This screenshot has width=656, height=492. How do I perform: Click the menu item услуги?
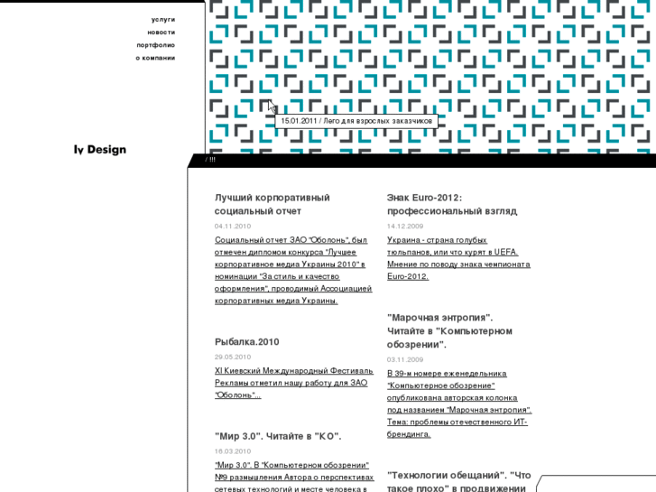(163, 19)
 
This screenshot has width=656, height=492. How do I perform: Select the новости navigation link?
(162, 32)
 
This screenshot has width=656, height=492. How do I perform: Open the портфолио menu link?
(156, 44)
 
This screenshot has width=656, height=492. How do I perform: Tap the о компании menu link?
(155, 58)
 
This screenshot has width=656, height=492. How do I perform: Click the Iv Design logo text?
(100, 150)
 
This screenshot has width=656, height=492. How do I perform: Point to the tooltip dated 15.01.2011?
(356, 121)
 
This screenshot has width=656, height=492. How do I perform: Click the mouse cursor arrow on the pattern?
(272, 106)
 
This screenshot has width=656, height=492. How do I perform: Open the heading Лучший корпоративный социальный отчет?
(272, 204)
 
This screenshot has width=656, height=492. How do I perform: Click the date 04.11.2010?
(233, 226)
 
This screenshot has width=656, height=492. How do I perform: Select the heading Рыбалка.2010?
(246, 342)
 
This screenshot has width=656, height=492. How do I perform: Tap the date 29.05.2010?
(233, 357)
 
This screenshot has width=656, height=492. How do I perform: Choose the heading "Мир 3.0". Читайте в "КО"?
(278, 436)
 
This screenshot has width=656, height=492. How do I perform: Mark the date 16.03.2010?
(233, 450)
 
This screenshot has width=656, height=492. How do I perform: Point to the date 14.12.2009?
(405, 226)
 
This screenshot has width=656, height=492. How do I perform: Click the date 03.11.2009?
(405, 359)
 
